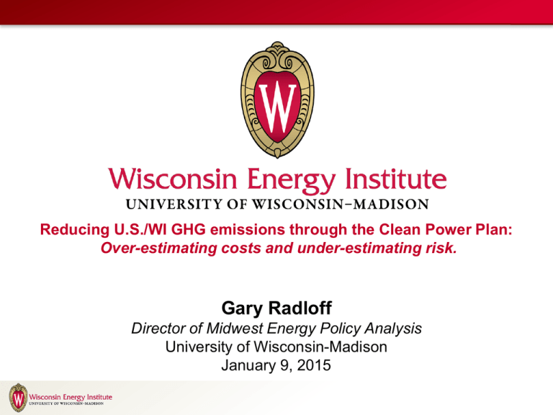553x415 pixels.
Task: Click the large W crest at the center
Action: click(x=277, y=100)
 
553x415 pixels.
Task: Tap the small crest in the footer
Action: click(x=18, y=398)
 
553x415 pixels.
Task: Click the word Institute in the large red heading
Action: click(x=396, y=179)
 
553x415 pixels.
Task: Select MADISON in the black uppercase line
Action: click(x=391, y=205)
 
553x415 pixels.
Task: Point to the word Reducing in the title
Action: click(x=75, y=230)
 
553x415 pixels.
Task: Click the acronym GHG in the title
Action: click(x=189, y=229)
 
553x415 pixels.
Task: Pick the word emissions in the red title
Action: click(x=247, y=229)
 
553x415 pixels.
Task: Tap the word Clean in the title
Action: click(x=400, y=229)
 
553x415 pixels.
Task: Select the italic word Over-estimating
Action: click(x=158, y=248)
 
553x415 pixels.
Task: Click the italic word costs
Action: click(x=241, y=249)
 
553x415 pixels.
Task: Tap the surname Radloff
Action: click(x=300, y=308)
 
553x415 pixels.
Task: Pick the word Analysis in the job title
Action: click(x=393, y=329)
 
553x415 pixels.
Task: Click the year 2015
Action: click(x=314, y=365)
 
